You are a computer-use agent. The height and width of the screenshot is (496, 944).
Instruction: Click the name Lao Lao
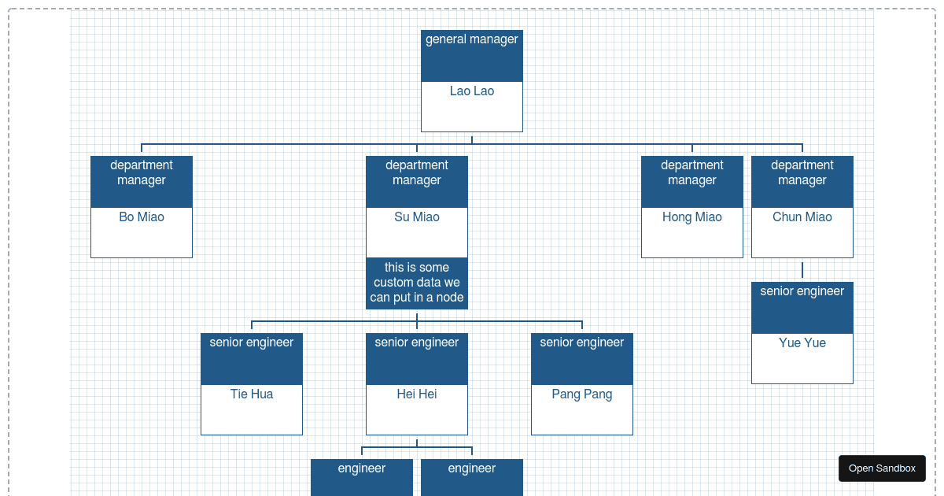(472, 91)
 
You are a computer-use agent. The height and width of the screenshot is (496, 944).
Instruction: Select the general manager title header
(472, 40)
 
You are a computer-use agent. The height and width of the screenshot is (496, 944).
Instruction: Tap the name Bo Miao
(142, 217)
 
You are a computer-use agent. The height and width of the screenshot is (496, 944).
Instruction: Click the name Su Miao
(417, 217)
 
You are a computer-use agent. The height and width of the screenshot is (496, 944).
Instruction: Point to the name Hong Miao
(692, 217)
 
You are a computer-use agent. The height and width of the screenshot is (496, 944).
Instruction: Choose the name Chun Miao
(802, 217)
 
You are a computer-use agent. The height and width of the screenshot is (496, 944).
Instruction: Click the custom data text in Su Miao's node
(417, 283)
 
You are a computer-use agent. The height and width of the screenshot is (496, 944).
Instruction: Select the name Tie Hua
(252, 394)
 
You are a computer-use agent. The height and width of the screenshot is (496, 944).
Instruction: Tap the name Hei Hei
(417, 394)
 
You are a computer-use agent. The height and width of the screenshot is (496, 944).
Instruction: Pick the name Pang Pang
(582, 394)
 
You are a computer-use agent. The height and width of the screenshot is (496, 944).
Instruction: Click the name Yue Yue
(802, 343)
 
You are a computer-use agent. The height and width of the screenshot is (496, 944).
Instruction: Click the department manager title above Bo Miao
(142, 173)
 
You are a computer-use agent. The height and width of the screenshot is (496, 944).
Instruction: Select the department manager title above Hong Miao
(692, 173)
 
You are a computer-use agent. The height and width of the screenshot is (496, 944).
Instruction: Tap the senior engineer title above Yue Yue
(802, 292)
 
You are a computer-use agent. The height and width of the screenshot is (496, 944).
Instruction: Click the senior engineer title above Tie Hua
(252, 342)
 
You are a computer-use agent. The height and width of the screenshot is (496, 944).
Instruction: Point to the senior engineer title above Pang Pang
(582, 342)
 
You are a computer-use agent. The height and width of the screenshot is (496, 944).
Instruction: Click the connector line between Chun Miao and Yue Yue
(802, 270)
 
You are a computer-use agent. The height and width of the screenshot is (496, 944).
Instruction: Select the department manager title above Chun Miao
(802, 173)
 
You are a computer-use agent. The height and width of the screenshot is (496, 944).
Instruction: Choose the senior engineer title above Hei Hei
(417, 342)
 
